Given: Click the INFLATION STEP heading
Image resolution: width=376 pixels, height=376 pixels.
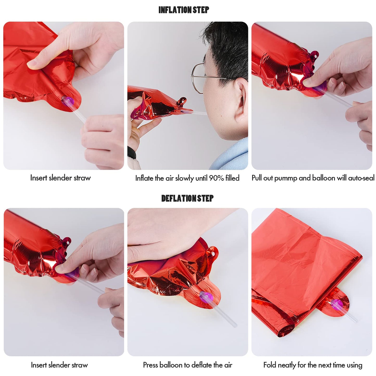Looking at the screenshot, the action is [184, 10].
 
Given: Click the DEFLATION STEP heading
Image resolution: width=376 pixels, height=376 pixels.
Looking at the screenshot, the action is [187, 198].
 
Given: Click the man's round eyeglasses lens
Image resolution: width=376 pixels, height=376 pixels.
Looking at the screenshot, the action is [198, 78].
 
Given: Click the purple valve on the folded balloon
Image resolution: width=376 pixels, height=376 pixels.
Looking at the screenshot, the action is [337, 305].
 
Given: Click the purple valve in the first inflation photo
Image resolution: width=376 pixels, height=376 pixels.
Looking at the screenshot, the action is [68, 101].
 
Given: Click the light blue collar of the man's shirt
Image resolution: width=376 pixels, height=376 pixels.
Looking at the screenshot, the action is [230, 156].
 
